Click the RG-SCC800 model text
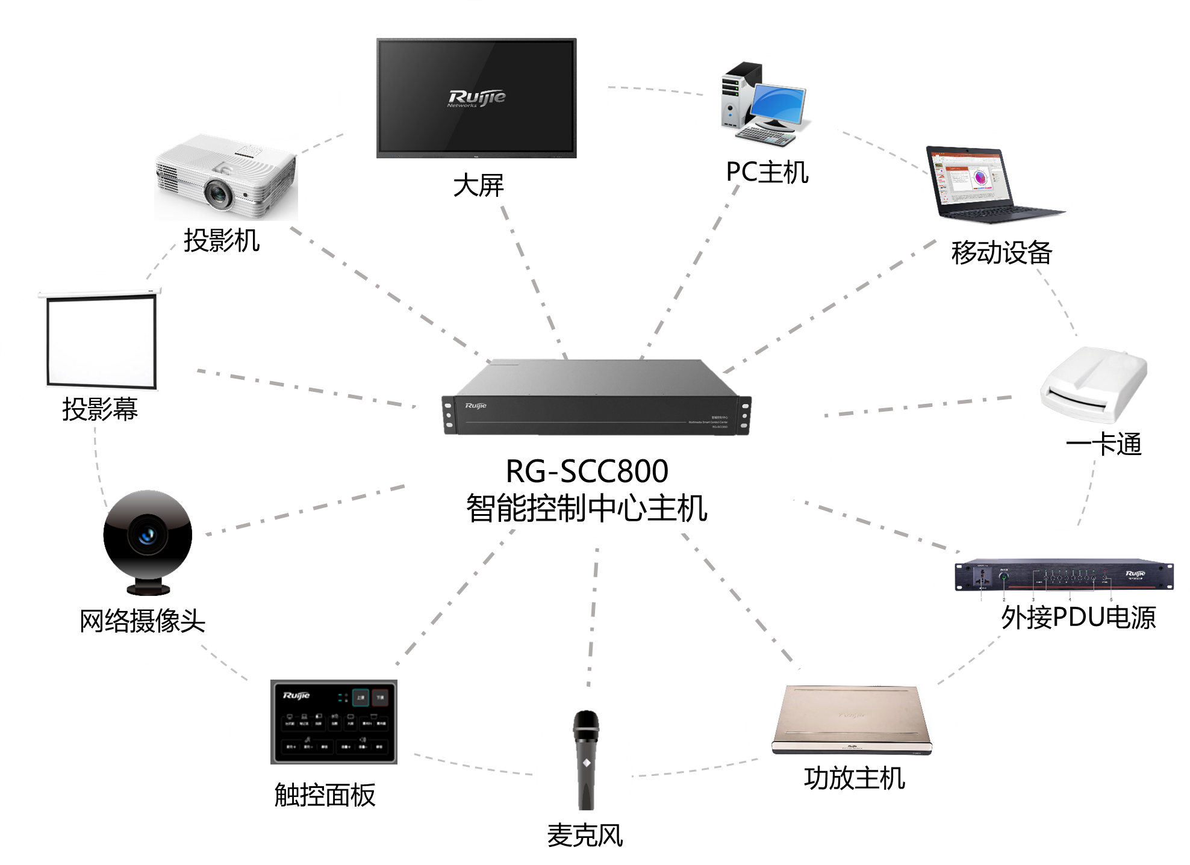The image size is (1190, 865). (587, 471)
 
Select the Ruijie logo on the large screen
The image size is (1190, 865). (476, 98)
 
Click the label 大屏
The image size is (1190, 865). (478, 185)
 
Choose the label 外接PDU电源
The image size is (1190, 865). (1077, 618)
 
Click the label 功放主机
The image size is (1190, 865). (854, 778)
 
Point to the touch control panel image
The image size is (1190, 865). (334, 722)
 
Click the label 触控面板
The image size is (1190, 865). (325, 795)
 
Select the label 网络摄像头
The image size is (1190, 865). (142, 620)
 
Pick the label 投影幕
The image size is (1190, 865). (100, 409)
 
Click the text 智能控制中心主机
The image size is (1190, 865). (587, 507)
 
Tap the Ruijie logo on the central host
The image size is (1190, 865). (475, 406)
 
